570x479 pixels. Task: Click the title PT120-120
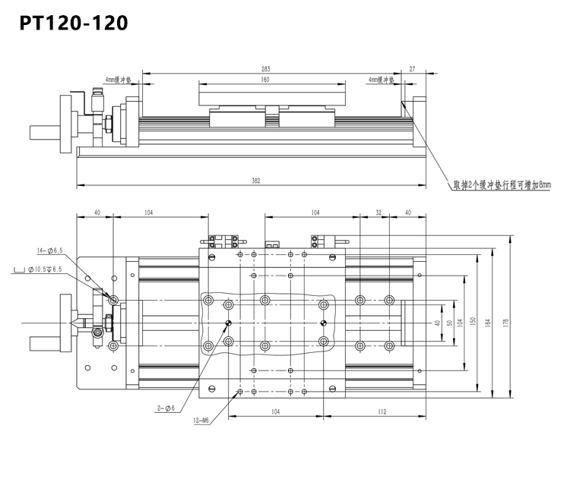(73, 23)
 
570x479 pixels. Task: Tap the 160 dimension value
(265, 80)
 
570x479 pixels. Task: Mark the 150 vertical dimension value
(473, 323)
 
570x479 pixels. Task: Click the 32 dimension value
(378, 213)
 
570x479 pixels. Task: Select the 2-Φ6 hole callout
(165, 408)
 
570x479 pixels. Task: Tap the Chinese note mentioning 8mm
(491, 184)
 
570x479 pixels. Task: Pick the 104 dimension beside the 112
(276, 412)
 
